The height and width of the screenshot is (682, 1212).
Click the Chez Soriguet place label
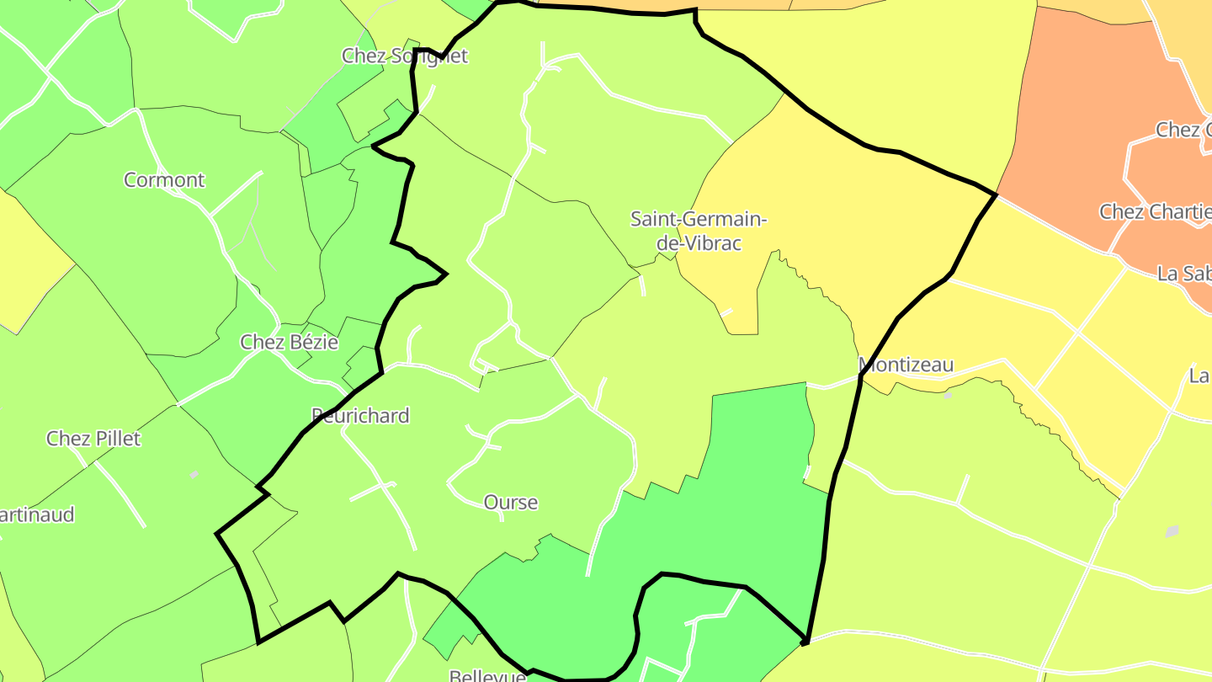pos(404,56)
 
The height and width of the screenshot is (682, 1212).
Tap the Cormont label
pos(164,179)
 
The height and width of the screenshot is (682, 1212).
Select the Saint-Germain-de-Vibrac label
pos(699,232)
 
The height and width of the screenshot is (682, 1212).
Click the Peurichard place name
pos(360,415)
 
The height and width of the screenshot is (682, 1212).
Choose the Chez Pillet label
pos(93,438)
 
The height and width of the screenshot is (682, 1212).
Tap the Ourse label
pos(510,502)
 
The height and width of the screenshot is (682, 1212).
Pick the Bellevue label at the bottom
pos(487,676)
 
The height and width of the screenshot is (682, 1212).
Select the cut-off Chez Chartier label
pos(1155,210)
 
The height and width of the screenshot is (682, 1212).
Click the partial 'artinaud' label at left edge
pos(37,514)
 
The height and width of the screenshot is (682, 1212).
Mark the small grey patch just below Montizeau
pos(949,394)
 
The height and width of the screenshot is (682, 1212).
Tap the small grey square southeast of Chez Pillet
pos(194,475)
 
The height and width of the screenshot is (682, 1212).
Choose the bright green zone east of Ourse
pos(741,505)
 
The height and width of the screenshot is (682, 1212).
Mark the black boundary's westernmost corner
pos(217,533)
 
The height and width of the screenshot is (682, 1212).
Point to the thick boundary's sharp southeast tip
pos(805,643)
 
